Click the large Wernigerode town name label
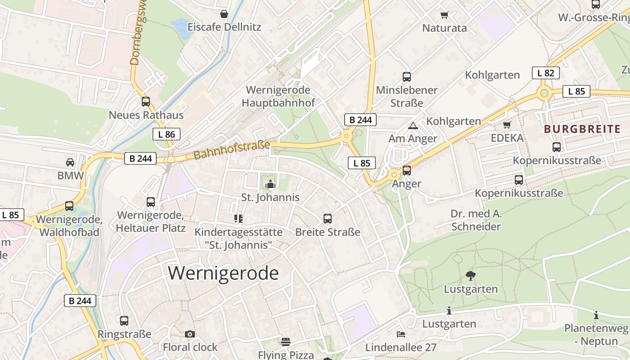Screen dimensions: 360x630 coord(224,273)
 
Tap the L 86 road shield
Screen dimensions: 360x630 coord(166,134)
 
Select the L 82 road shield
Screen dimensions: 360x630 coord(545,73)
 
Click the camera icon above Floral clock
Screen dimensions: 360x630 coord(190,334)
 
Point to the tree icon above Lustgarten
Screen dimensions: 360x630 coord(471,275)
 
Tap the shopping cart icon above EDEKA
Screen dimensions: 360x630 coord(507,125)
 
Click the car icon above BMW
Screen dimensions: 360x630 coord(70,162)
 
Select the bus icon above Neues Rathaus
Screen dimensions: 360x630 coord(146,102)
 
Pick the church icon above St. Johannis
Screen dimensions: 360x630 coord(270,184)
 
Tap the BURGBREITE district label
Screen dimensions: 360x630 coord(582,129)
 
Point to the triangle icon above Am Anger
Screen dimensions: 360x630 coord(413,126)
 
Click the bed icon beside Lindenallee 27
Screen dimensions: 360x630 coord(401,334)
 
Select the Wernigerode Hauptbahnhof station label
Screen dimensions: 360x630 coord(278,96)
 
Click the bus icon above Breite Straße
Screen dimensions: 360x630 coord(328,219)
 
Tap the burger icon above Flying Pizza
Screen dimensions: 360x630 coord(286,342)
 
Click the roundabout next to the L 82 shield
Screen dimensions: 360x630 coord(544,93)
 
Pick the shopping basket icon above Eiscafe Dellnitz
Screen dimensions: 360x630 coord(224,14)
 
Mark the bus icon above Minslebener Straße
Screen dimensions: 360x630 coord(407,77)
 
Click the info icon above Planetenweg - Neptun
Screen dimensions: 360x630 coord(596,315)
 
